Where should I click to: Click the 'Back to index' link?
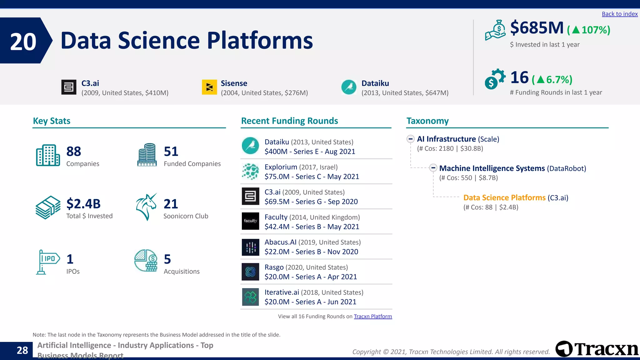click(x=619, y=14)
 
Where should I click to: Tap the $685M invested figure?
click(x=537, y=28)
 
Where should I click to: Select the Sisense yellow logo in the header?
click(x=209, y=87)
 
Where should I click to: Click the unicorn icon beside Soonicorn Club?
click(x=146, y=207)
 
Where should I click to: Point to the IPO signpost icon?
click(x=47, y=262)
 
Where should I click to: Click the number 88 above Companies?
click(x=74, y=152)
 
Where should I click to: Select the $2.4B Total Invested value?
click(x=83, y=204)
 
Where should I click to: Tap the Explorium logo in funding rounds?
click(x=250, y=172)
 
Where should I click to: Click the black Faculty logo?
click(x=250, y=221)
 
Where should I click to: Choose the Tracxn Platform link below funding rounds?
click(x=372, y=317)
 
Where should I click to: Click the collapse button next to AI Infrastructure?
click(x=411, y=139)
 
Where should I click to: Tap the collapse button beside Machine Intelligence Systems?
click(x=433, y=168)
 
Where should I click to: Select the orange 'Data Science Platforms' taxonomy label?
click(x=504, y=198)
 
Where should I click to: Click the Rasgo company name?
click(x=274, y=267)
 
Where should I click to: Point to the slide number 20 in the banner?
click(x=23, y=42)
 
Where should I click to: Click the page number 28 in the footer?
click(x=22, y=350)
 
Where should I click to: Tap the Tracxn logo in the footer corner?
click(x=597, y=349)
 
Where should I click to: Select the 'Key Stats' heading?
click(x=52, y=121)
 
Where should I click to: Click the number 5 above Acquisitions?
click(x=167, y=259)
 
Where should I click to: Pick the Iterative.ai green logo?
click(x=250, y=297)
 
